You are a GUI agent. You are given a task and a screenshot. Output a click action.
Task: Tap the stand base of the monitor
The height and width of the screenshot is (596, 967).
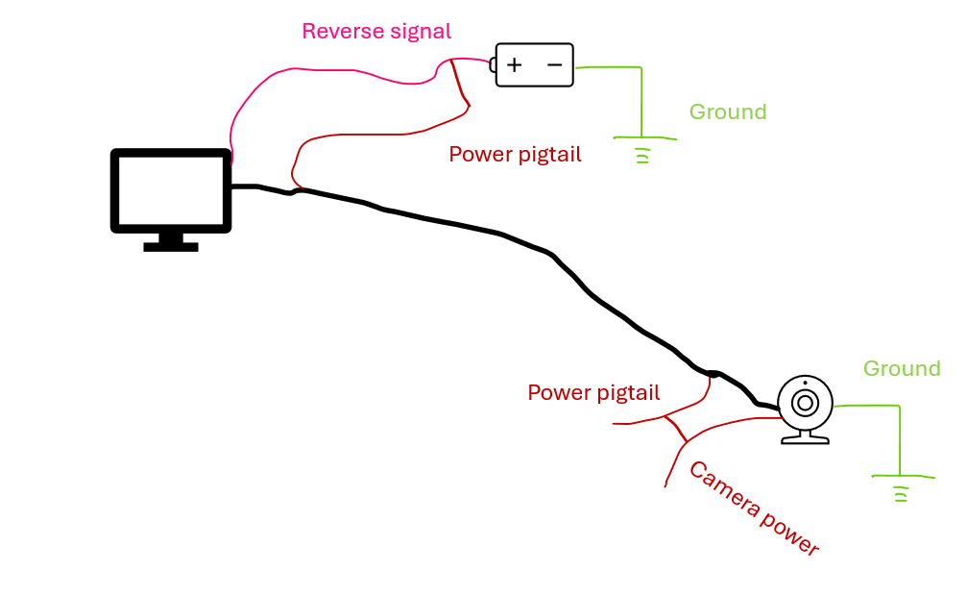[x=171, y=246]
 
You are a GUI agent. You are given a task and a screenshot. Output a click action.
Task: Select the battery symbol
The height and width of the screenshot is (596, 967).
[x=534, y=64]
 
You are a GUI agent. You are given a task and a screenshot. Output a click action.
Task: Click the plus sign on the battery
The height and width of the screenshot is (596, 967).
[x=515, y=64]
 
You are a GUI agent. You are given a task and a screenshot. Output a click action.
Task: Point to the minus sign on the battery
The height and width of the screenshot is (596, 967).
[x=554, y=64]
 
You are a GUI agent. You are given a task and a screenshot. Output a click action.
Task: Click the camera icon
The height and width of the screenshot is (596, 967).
[x=805, y=409]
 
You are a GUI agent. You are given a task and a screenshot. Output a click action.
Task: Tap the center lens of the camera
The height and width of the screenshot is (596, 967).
[x=805, y=402]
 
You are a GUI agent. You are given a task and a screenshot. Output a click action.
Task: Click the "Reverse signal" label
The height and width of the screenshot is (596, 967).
[x=375, y=31]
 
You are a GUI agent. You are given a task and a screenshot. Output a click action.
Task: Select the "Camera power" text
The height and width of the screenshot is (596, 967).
[x=754, y=509]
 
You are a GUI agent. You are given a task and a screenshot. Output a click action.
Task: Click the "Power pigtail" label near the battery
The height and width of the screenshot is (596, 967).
[x=515, y=154]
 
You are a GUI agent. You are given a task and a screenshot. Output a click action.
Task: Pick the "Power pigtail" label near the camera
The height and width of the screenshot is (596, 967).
[x=593, y=392]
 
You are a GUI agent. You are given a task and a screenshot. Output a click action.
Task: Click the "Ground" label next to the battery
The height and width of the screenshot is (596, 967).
[x=728, y=112]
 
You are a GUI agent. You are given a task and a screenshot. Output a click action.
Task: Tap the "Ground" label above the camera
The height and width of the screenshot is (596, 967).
[x=902, y=368]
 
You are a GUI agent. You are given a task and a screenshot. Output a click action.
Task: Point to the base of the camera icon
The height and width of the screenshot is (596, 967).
[x=805, y=438]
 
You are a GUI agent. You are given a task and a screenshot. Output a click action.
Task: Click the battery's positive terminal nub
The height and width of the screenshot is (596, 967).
[x=493, y=64]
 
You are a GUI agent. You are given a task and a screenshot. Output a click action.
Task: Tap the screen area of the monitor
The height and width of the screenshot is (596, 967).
[x=171, y=190]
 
